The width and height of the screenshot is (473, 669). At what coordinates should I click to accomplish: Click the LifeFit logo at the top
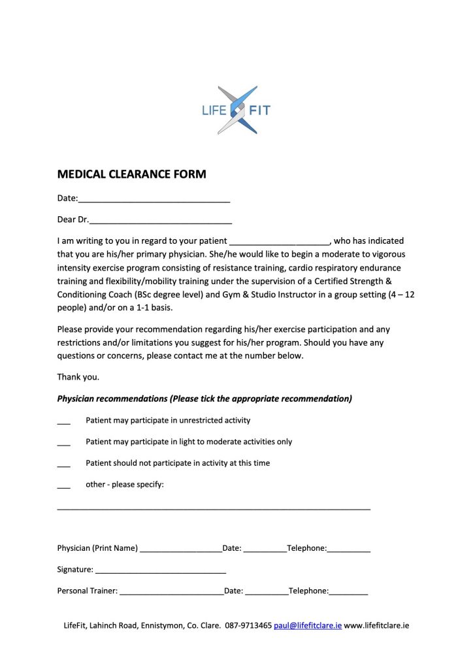(x=236, y=110)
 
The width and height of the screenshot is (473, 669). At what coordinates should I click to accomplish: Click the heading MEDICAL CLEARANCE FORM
(x=131, y=174)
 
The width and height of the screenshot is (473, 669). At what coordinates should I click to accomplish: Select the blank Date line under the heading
(x=154, y=199)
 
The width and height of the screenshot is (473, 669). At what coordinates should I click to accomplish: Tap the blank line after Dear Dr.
(x=161, y=221)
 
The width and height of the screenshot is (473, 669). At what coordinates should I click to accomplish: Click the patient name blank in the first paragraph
(x=280, y=242)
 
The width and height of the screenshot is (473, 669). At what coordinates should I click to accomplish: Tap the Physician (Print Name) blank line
(x=181, y=550)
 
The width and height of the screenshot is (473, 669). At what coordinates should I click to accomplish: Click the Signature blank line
(x=161, y=571)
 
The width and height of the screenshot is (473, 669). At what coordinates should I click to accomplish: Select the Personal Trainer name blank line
(x=172, y=593)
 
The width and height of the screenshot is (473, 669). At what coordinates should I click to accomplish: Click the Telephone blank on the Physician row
(x=349, y=550)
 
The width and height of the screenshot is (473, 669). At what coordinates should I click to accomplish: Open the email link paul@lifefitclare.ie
(x=308, y=625)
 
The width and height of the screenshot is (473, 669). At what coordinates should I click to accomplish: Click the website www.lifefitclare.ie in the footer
(x=377, y=625)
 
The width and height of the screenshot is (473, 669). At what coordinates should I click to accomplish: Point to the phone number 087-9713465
(x=248, y=625)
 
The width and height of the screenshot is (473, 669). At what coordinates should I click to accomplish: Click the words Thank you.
(x=78, y=377)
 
